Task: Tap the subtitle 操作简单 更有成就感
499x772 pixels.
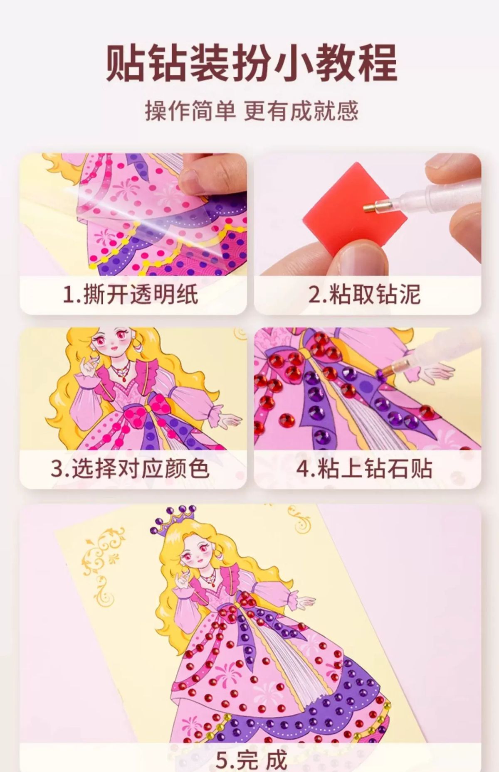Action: point(251,111)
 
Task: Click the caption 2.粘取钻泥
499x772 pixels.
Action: point(364,295)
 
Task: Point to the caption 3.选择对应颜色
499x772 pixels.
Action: point(130,468)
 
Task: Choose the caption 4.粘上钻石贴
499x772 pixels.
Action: point(364,468)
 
